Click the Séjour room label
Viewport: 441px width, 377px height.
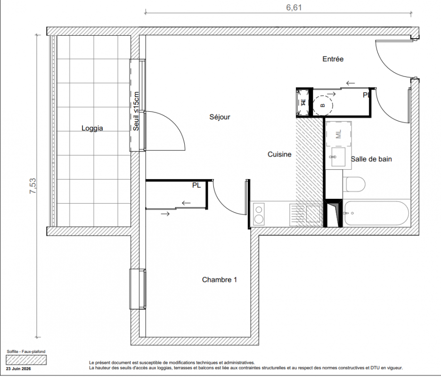(x=220, y=117)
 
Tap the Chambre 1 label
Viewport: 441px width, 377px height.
(x=220, y=279)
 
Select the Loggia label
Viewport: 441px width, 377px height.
(x=92, y=128)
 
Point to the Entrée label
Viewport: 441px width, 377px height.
(x=333, y=59)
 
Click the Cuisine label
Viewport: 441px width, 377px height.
(x=279, y=154)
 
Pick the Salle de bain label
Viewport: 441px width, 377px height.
(x=371, y=159)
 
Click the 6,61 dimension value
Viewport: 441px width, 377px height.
(x=294, y=8)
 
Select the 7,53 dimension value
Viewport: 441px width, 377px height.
(x=33, y=186)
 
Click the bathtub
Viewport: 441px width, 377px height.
(x=376, y=213)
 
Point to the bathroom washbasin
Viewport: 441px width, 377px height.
(x=338, y=157)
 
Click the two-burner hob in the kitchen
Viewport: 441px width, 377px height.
(x=259, y=214)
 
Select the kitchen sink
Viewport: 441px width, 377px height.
(x=306, y=215)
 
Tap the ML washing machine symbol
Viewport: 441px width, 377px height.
(x=339, y=134)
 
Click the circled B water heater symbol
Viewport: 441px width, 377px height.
(x=323, y=105)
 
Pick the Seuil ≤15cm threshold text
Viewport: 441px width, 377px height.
(x=136, y=111)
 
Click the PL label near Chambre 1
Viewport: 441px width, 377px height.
(x=196, y=185)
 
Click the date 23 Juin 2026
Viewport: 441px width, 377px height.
(x=18, y=369)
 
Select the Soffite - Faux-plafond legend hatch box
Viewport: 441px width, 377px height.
(x=26, y=360)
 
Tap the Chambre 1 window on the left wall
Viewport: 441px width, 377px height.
(x=138, y=289)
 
